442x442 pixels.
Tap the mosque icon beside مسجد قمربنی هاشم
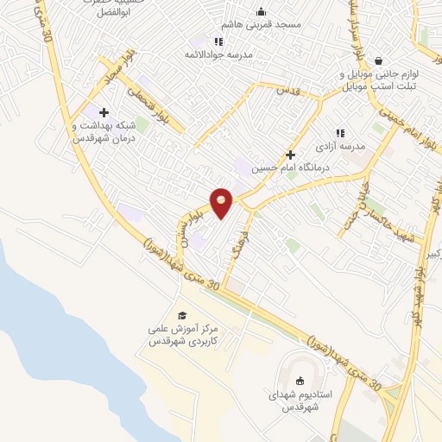262,12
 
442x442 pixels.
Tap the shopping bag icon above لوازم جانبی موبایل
379,60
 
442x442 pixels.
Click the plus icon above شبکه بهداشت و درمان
104,112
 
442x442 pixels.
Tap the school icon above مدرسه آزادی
339,133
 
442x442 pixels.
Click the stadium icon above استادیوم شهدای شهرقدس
300,382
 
